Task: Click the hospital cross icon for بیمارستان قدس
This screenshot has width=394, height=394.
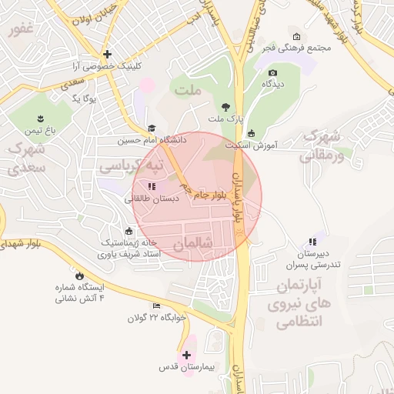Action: [186, 355]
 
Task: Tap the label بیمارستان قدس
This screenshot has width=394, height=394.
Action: [186, 367]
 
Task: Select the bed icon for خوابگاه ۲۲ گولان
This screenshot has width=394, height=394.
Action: [158, 306]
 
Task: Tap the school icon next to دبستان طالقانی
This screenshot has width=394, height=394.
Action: [152, 186]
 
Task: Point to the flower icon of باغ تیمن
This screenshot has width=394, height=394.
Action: [39, 119]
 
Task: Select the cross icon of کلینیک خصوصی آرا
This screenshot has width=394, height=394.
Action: [107, 54]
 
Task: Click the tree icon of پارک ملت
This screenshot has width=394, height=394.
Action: [225, 108]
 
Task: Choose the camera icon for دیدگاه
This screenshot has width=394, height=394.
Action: [272, 74]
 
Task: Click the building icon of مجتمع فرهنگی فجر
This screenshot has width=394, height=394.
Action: [297, 36]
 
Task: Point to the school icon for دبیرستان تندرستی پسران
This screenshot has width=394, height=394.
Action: [312, 242]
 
